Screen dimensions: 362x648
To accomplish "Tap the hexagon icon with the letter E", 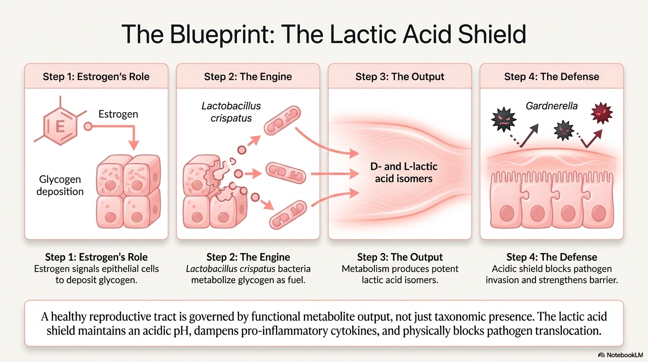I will pyautogui.click(x=60, y=126).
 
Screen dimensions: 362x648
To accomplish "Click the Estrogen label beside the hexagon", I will pyautogui.click(x=118, y=114).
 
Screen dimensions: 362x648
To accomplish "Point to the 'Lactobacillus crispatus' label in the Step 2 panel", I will pyautogui.click(x=231, y=111).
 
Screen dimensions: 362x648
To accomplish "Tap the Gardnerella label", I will pyautogui.click(x=551, y=106).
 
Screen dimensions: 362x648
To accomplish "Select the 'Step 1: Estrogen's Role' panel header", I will pyautogui.click(x=96, y=76).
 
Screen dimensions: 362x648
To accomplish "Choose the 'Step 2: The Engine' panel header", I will pyautogui.click(x=248, y=76).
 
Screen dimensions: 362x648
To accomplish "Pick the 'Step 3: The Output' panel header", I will pyautogui.click(x=400, y=76).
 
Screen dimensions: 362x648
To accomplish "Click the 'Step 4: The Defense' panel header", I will pyautogui.click(x=551, y=76).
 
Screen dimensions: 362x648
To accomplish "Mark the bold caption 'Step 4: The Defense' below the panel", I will pyautogui.click(x=551, y=257).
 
